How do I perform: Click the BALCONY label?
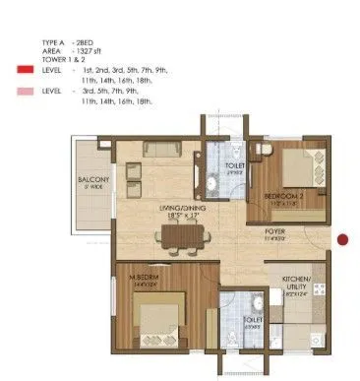pyautogui.click(x=93, y=178)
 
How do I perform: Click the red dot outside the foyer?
pyautogui.click(x=342, y=238)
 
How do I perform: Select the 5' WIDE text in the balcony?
pyautogui.click(x=93, y=186)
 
